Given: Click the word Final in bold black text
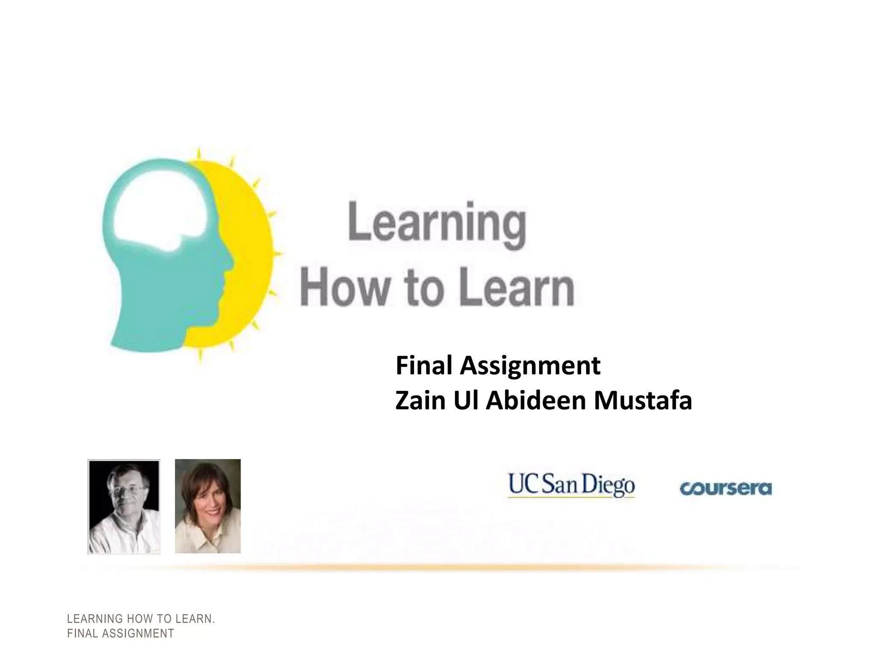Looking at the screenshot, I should coord(424,366).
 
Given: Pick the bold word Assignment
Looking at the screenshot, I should coord(530,366).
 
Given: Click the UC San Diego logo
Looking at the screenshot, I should coord(571,486).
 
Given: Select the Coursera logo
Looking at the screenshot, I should coord(725,488).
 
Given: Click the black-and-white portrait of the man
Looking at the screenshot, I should coord(124,507).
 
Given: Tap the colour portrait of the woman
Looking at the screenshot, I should coord(208,506).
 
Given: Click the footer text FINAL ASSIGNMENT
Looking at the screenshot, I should coord(120,633).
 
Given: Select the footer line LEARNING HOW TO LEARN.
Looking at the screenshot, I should coord(141,619).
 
